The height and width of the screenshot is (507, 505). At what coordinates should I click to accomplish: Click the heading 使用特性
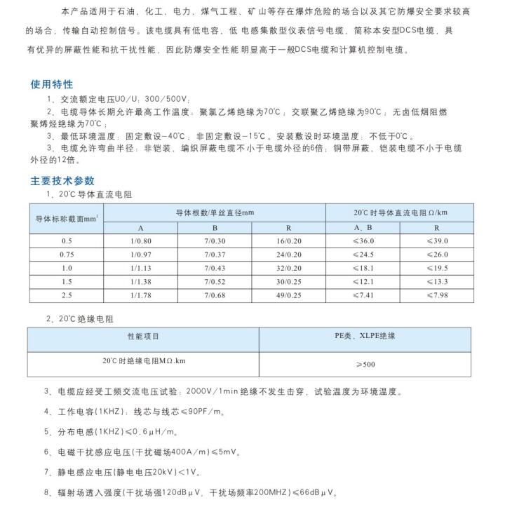pyautogui.click(x=52, y=85)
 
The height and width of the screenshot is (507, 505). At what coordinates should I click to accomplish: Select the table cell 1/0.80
pyautogui.click(x=140, y=241)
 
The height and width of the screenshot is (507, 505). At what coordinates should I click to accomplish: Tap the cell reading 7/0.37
pyautogui.click(x=215, y=254)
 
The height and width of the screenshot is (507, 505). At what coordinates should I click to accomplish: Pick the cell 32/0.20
pyautogui.click(x=288, y=268)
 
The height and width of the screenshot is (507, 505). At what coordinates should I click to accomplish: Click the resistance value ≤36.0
pyautogui.click(x=363, y=241)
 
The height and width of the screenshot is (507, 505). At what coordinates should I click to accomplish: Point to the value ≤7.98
pyautogui.click(x=437, y=295)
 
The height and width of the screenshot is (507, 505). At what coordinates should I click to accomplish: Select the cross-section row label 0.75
pyautogui.click(x=67, y=254)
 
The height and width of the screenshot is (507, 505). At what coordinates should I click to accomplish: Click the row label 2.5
pyautogui.click(x=67, y=295)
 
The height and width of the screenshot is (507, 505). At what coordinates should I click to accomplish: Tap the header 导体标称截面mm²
pyautogui.click(x=67, y=219)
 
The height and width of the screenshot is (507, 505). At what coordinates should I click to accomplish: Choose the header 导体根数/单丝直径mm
pyautogui.click(x=215, y=212)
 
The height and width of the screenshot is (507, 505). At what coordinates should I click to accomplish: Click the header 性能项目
pyautogui.click(x=143, y=337)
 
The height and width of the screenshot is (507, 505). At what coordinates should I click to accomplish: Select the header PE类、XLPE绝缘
pyautogui.click(x=364, y=337)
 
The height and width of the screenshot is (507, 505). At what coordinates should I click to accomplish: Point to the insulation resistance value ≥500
pyautogui.click(x=364, y=365)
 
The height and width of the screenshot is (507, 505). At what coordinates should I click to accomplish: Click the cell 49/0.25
pyautogui.click(x=288, y=295)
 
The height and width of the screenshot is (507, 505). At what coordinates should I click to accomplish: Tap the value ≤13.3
pyautogui.click(x=437, y=281)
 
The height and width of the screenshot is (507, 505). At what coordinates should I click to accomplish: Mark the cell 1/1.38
pyautogui.click(x=140, y=281)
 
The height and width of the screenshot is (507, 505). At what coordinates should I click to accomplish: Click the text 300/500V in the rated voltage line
pyautogui.click(x=168, y=100)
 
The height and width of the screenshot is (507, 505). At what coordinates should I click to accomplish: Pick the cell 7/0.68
pyautogui.click(x=215, y=295)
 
